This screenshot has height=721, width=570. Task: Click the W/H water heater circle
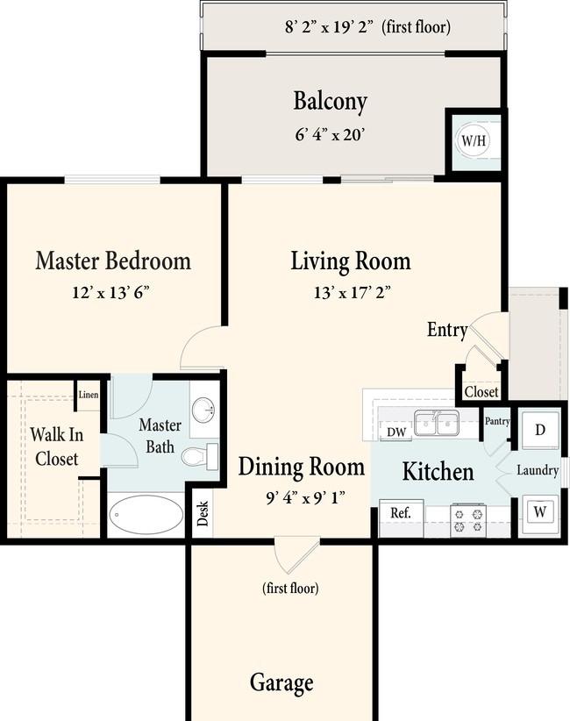(474, 139)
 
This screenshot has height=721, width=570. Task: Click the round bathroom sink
(203, 410)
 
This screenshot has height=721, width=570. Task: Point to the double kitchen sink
(436, 423)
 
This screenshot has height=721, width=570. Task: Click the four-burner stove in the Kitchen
(468, 519)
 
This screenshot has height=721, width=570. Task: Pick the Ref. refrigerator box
(401, 518)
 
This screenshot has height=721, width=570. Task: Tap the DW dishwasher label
(396, 432)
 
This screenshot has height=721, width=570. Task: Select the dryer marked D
(540, 430)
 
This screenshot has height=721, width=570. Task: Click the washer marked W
(540, 512)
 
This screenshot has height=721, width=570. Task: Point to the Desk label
(203, 513)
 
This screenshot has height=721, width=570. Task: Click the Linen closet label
(89, 395)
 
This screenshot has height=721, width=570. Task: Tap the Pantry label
(497, 421)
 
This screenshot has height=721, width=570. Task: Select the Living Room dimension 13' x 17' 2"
(353, 292)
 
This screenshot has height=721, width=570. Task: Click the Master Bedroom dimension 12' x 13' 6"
(110, 292)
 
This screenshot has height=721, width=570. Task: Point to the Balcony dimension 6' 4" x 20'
(330, 135)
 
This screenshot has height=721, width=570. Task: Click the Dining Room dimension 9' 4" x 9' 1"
(305, 497)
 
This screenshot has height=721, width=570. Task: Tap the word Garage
(281, 682)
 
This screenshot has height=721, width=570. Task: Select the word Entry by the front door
(447, 330)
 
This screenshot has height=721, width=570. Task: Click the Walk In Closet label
(56, 446)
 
